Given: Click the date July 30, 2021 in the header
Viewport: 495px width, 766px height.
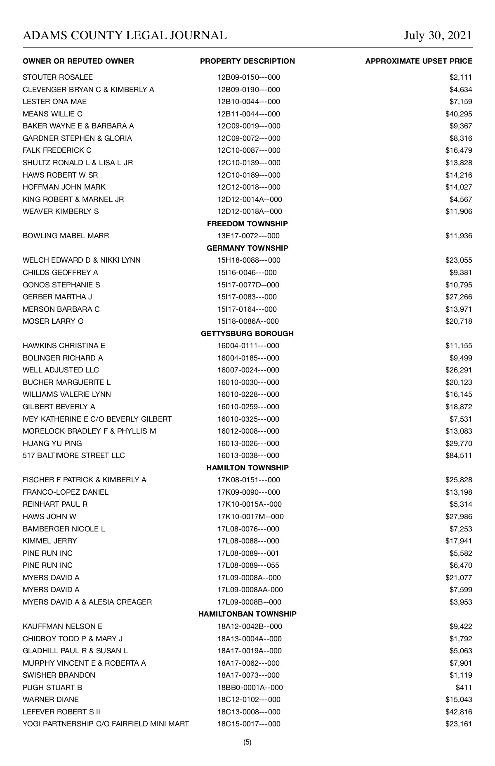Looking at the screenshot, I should (x=438, y=36).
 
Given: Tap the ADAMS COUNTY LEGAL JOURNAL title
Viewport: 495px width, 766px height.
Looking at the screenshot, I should (x=125, y=36).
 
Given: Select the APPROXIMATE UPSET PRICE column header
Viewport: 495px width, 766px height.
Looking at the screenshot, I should (x=419, y=61).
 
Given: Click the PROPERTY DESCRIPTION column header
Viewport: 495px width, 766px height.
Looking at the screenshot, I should (x=247, y=61).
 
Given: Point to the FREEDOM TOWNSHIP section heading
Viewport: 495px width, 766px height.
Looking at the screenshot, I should (x=247, y=224).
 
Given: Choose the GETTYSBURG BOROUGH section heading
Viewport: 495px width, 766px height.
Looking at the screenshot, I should (x=247, y=334).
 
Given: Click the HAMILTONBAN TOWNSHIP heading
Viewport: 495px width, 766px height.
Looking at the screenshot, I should (x=247, y=614).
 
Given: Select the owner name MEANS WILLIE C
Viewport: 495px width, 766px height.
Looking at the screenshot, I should (x=53, y=114).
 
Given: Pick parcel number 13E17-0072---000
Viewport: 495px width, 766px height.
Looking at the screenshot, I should (x=248, y=236).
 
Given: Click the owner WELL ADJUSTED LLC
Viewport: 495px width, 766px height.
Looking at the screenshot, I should (x=61, y=370).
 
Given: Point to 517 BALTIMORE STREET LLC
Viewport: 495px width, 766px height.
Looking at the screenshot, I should (x=74, y=455).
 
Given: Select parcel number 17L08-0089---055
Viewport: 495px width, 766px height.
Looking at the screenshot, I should (x=248, y=565).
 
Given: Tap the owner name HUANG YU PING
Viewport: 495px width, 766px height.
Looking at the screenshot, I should (x=52, y=443).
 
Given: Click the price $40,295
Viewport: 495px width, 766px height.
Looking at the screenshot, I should (x=459, y=114).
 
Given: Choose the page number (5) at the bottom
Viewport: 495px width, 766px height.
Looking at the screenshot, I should (x=247, y=742).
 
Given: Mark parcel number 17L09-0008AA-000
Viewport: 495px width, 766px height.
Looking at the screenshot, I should (x=250, y=590).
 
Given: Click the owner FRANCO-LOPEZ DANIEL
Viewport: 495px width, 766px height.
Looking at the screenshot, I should (x=66, y=492).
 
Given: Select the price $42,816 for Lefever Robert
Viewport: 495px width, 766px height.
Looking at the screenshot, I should (x=459, y=712).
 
